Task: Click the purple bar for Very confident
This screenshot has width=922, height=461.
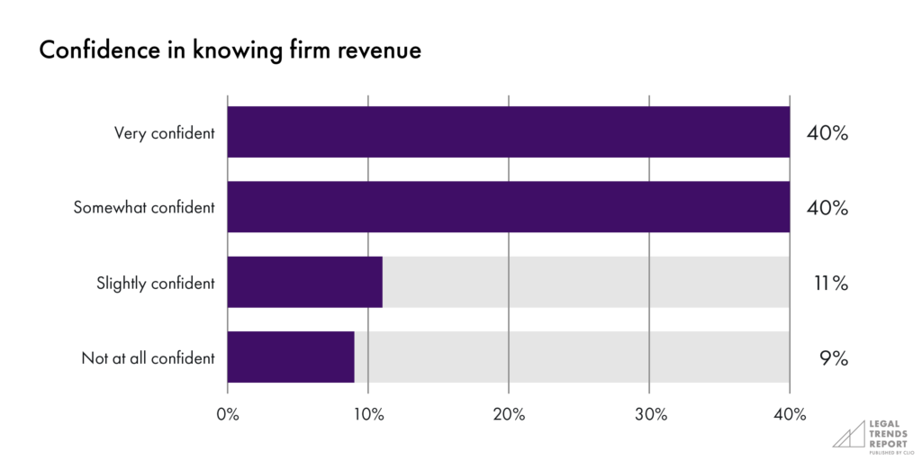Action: (x=509, y=132)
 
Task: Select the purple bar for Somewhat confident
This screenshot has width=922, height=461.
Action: (x=509, y=207)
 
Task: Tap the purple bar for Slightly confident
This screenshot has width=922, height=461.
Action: (x=305, y=282)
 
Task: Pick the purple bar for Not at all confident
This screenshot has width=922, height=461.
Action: (x=291, y=357)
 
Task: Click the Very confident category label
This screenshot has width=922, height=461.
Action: (x=164, y=133)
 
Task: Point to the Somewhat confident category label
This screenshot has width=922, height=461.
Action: (x=144, y=208)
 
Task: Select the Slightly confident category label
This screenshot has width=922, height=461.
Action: (x=156, y=283)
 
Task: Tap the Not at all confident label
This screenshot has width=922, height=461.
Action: (x=148, y=357)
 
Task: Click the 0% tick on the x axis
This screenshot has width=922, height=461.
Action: (x=228, y=414)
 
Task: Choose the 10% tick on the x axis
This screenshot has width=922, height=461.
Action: (x=368, y=414)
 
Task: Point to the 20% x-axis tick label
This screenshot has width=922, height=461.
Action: (x=509, y=414)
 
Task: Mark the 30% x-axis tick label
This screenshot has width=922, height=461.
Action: (x=649, y=414)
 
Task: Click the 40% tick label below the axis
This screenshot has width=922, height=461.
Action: (x=790, y=414)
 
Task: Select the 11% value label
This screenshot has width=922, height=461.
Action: (x=827, y=283)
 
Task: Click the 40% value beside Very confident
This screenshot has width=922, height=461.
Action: (x=827, y=133)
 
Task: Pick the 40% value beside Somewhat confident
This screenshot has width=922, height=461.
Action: (x=827, y=208)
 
